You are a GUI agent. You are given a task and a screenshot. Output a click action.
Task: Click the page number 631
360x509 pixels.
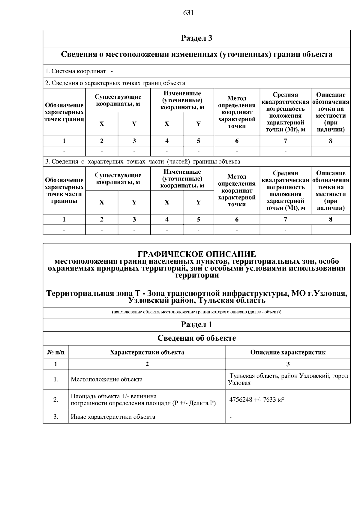pyautogui.click(x=188, y=13)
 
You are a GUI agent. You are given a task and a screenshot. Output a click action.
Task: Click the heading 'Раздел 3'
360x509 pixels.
pyautogui.click(x=196, y=38)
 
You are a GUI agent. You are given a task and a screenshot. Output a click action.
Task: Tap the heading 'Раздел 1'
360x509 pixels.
pyautogui.click(x=196, y=325)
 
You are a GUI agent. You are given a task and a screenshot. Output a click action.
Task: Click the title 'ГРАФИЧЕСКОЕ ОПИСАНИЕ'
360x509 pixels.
pyautogui.click(x=196, y=254)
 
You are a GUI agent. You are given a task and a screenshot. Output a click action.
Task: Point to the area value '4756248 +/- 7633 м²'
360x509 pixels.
pyautogui.click(x=256, y=400)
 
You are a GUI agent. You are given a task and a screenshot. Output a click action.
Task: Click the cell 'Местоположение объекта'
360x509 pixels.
pyautogui.click(x=107, y=379)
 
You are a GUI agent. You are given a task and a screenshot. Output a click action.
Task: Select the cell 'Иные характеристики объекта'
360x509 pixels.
pyautogui.click(x=113, y=417)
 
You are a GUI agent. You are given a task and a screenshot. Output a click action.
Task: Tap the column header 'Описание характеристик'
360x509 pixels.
pyautogui.click(x=288, y=352)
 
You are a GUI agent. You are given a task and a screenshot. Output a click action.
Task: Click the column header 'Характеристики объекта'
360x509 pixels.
pyautogui.click(x=147, y=352)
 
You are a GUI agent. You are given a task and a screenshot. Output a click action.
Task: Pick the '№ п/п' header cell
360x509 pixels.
pyautogui.click(x=56, y=352)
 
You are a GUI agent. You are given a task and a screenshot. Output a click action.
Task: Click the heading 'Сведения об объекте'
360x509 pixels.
pyautogui.click(x=196, y=338)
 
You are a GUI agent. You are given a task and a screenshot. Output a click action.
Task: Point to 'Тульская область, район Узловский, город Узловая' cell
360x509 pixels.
pyautogui.click(x=288, y=379)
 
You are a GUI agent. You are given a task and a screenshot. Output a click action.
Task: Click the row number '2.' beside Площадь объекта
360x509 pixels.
pyautogui.click(x=56, y=400)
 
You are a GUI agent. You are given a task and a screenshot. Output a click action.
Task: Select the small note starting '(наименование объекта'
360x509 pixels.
pyautogui.click(x=196, y=312)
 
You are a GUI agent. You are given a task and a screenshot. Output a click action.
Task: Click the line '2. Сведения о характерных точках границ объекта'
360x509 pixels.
pyautogui.click(x=115, y=83)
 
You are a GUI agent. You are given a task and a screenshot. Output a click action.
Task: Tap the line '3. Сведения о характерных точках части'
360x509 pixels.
pyautogui.click(x=142, y=162)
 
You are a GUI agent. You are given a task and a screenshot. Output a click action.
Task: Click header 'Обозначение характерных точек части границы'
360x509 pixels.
pyautogui.click(x=64, y=190)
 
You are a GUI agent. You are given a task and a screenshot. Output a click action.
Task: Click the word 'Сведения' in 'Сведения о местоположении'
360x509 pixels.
pyautogui.click(x=79, y=55)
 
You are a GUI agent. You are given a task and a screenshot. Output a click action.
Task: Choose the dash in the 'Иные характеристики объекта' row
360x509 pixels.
pyautogui.click(x=230, y=417)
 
